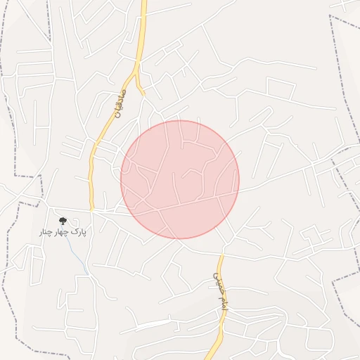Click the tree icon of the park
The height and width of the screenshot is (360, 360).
63,221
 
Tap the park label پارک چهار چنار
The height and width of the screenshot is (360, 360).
62,231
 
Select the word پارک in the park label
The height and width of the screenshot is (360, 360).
78,231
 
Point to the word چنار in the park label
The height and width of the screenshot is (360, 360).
46,231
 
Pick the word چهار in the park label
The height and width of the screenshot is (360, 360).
61,231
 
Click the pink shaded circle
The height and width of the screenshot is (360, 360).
180,179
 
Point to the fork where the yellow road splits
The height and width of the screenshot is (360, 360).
136,72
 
